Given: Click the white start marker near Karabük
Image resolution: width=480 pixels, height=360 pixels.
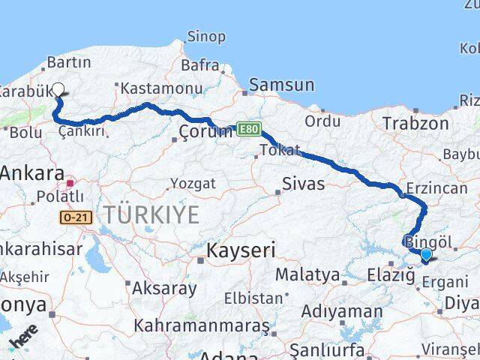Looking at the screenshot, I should [x=58, y=88].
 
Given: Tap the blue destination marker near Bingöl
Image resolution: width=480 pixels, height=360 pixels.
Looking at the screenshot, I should [x=426, y=254].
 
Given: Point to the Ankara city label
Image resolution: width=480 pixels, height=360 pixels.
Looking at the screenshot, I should [x=32, y=174].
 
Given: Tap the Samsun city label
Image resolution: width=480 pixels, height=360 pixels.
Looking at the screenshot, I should [x=281, y=85].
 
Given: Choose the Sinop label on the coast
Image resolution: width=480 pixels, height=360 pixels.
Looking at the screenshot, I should [x=205, y=37].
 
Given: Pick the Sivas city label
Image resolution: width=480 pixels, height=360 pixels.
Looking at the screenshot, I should [x=304, y=184].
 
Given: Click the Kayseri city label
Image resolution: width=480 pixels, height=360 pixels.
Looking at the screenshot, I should [x=241, y=250].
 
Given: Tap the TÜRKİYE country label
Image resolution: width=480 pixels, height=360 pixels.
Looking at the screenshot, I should [x=151, y=215].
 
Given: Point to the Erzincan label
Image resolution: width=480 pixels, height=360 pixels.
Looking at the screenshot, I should [x=436, y=188].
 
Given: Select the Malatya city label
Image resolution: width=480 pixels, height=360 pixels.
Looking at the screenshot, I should [x=307, y=275].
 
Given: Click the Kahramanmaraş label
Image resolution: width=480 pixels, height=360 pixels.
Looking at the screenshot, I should [x=202, y=326].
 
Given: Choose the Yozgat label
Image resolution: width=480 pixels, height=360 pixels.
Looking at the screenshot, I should [x=193, y=184].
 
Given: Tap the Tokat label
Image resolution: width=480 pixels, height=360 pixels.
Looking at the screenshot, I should [x=280, y=150].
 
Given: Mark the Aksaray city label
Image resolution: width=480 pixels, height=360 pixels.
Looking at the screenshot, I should [x=164, y=287].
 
